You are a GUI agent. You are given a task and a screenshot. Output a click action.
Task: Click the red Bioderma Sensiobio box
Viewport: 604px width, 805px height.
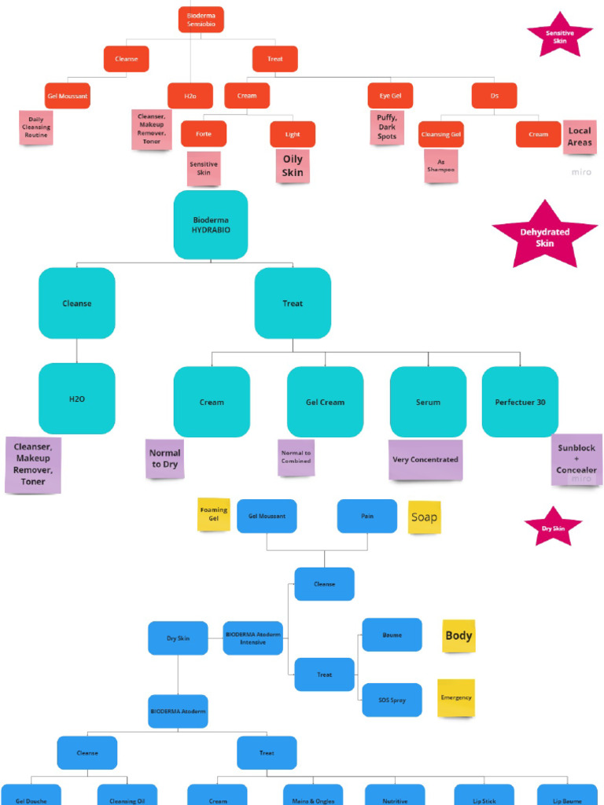coord(201,20)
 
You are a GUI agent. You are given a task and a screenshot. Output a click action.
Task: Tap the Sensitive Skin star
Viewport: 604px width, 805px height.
coord(559,35)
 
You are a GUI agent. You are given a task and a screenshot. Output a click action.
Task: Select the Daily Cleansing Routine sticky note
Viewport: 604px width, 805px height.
coord(35,127)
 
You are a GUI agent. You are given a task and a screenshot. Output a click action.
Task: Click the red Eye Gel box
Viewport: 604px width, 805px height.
coord(390,95)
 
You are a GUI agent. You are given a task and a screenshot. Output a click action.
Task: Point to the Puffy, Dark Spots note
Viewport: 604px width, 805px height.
coord(387,127)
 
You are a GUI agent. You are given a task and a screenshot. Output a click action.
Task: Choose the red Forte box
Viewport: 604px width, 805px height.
coord(203,134)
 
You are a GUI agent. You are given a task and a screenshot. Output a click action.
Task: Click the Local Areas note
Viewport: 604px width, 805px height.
coord(580,137)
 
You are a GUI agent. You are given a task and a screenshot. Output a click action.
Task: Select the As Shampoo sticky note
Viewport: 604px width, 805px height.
coord(441,165)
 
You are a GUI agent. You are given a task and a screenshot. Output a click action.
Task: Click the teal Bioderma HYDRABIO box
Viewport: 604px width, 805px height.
coord(210,225)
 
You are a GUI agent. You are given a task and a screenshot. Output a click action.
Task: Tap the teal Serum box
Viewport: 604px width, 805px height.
coord(428,402)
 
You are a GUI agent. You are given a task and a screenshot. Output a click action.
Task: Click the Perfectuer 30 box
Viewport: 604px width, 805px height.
coord(520,402)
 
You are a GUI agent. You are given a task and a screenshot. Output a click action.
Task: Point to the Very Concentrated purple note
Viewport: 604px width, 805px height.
coord(425,460)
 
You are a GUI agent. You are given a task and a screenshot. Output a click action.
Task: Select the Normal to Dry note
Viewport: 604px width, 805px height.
coord(164,458)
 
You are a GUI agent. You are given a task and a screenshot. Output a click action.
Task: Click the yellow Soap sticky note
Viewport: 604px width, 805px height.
coord(424,518)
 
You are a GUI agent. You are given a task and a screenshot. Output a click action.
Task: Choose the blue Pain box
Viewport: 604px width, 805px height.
coord(366,516)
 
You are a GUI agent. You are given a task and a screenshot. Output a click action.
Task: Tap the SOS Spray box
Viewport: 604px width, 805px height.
coord(392,700)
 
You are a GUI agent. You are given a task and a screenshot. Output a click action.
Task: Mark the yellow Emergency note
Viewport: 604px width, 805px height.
coord(456,697)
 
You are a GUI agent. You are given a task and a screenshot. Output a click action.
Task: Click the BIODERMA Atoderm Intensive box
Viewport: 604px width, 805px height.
coord(252,638)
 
